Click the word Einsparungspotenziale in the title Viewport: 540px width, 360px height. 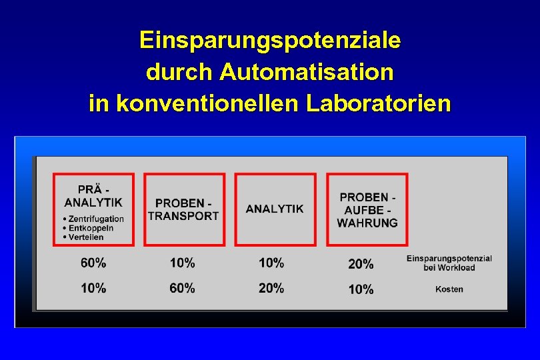coord(270,40)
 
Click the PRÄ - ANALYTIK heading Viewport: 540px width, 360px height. coord(93,195)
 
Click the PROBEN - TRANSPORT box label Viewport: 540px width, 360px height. coord(183,209)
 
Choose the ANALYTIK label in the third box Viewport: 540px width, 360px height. coord(275,209)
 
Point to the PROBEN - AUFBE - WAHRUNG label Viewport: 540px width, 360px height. coord(367,209)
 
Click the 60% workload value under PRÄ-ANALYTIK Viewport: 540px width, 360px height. coord(93,263)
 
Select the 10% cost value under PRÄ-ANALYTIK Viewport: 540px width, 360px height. coord(93,288)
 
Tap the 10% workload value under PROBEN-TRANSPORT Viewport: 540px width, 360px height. coord(183,263)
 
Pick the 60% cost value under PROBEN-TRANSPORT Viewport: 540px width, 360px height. coord(183,288)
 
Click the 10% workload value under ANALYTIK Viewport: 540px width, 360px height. coord(271,263)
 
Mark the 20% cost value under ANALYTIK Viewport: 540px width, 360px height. coord(271,288)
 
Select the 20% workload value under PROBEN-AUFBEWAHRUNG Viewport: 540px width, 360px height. coord(361,264)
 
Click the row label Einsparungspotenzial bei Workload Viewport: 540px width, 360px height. coord(449,263)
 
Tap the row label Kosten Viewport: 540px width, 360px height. coord(449,289)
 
